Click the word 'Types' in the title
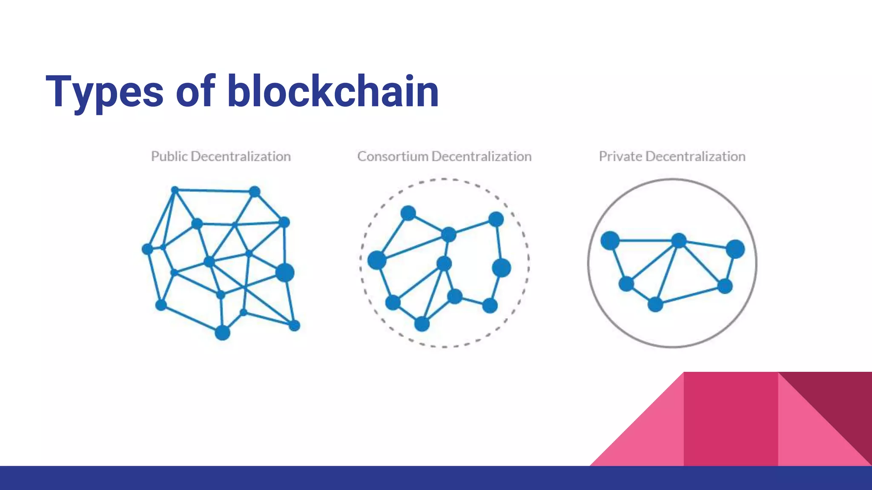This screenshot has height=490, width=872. tap(104, 92)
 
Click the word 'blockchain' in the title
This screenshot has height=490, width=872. tap(333, 91)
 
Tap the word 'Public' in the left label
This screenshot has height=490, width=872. tap(169, 157)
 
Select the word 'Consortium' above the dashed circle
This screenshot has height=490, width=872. tap(393, 157)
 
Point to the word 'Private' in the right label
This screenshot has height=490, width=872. tap(620, 157)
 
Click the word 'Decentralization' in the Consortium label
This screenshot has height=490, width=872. tap(482, 157)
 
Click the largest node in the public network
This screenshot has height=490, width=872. tap(285, 272)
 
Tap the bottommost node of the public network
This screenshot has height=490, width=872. tap(222, 333)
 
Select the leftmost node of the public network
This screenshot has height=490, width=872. tap(147, 249)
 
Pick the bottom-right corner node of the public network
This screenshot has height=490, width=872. tap(294, 326)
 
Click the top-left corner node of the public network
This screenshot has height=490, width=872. tap(175, 190)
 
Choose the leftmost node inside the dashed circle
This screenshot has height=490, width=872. tap(377, 260)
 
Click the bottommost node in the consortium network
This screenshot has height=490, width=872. tap(422, 324)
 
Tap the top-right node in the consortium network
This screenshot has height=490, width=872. tap(496, 219)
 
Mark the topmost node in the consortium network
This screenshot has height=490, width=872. tap(408, 213)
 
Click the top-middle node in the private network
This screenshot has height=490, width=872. tap(679, 241)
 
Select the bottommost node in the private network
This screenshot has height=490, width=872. tap(655, 305)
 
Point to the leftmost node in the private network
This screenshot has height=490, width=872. tap(610, 241)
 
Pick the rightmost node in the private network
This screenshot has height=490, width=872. tap(735, 249)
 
